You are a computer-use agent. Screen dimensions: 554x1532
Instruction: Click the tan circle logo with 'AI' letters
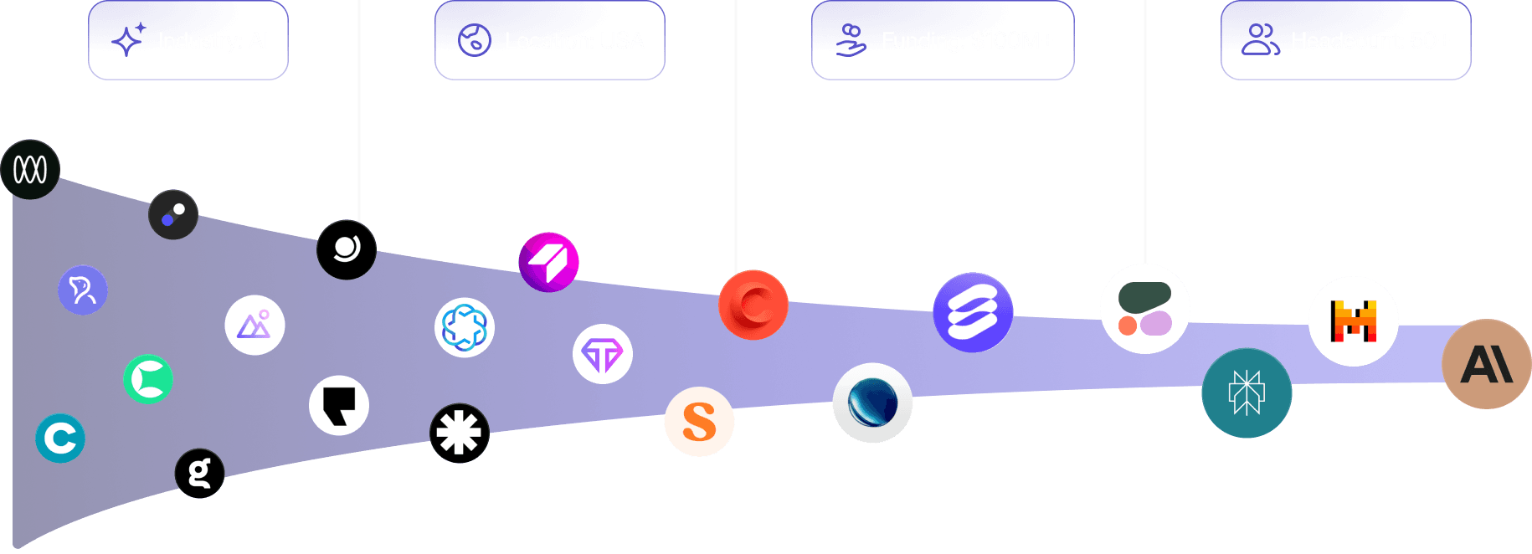point(1486,364)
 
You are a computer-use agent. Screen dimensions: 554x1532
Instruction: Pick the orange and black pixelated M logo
point(1353,321)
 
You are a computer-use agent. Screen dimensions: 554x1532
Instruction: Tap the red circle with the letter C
point(753,305)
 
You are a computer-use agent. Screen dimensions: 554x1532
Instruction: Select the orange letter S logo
point(699,422)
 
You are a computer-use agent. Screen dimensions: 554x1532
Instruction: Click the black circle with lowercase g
point(199,474)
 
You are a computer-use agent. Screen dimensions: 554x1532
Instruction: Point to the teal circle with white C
point(60,438)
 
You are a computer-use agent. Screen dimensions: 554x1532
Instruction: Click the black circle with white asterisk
point(460,433)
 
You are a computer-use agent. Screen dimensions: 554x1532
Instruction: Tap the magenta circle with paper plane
point(548,262)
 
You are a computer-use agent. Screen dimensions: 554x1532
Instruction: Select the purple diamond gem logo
point(603,355)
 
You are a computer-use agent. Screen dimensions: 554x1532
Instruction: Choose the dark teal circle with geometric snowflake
point(1247,392)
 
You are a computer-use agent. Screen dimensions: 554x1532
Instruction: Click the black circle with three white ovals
point(30,170)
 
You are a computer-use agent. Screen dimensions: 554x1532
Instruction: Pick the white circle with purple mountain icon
point(254,326)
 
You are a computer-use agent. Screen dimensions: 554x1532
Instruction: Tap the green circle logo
point(148,379)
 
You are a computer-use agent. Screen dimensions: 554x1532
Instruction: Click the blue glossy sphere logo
point(872,403)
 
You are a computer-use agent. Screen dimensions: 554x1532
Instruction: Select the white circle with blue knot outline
point(465,327)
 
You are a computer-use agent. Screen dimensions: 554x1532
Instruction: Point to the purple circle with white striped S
point(973,312)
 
